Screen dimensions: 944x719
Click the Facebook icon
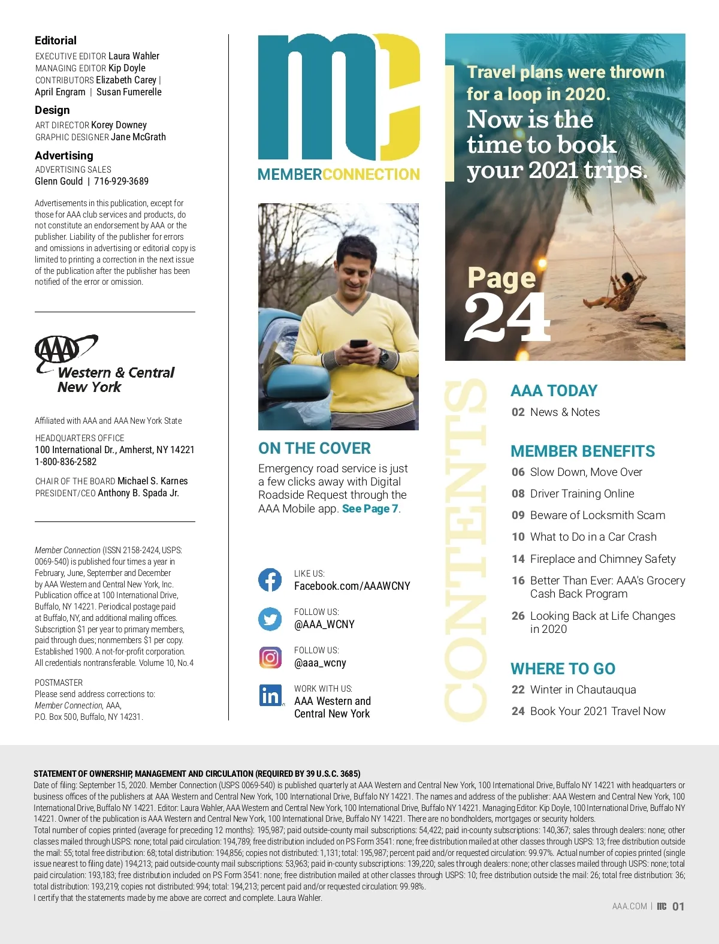tap(270, 580)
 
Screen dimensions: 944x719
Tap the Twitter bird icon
tap(270, 619)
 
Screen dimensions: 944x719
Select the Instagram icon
tap(270, 658)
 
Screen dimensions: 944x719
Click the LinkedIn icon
tap(270, 695)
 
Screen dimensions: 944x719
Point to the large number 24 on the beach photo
tap(507, 318)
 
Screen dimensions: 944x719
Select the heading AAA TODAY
tap(554, 391)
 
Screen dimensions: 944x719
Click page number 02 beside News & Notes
tap(518, 412)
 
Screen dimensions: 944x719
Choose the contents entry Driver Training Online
tap(582, 494)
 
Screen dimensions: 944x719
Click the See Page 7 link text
tap(370, 509)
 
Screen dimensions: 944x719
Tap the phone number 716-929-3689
tap(121, 181)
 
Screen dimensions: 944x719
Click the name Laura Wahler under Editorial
tap(134, 56)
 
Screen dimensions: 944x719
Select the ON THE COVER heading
tap(315, 448)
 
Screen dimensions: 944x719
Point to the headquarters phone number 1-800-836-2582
tap(66, 462)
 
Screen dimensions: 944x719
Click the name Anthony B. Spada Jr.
tap(138, 493)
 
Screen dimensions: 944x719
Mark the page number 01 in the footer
tap(678, 907)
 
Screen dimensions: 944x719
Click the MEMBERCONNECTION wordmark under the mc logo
tap(339, 174)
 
